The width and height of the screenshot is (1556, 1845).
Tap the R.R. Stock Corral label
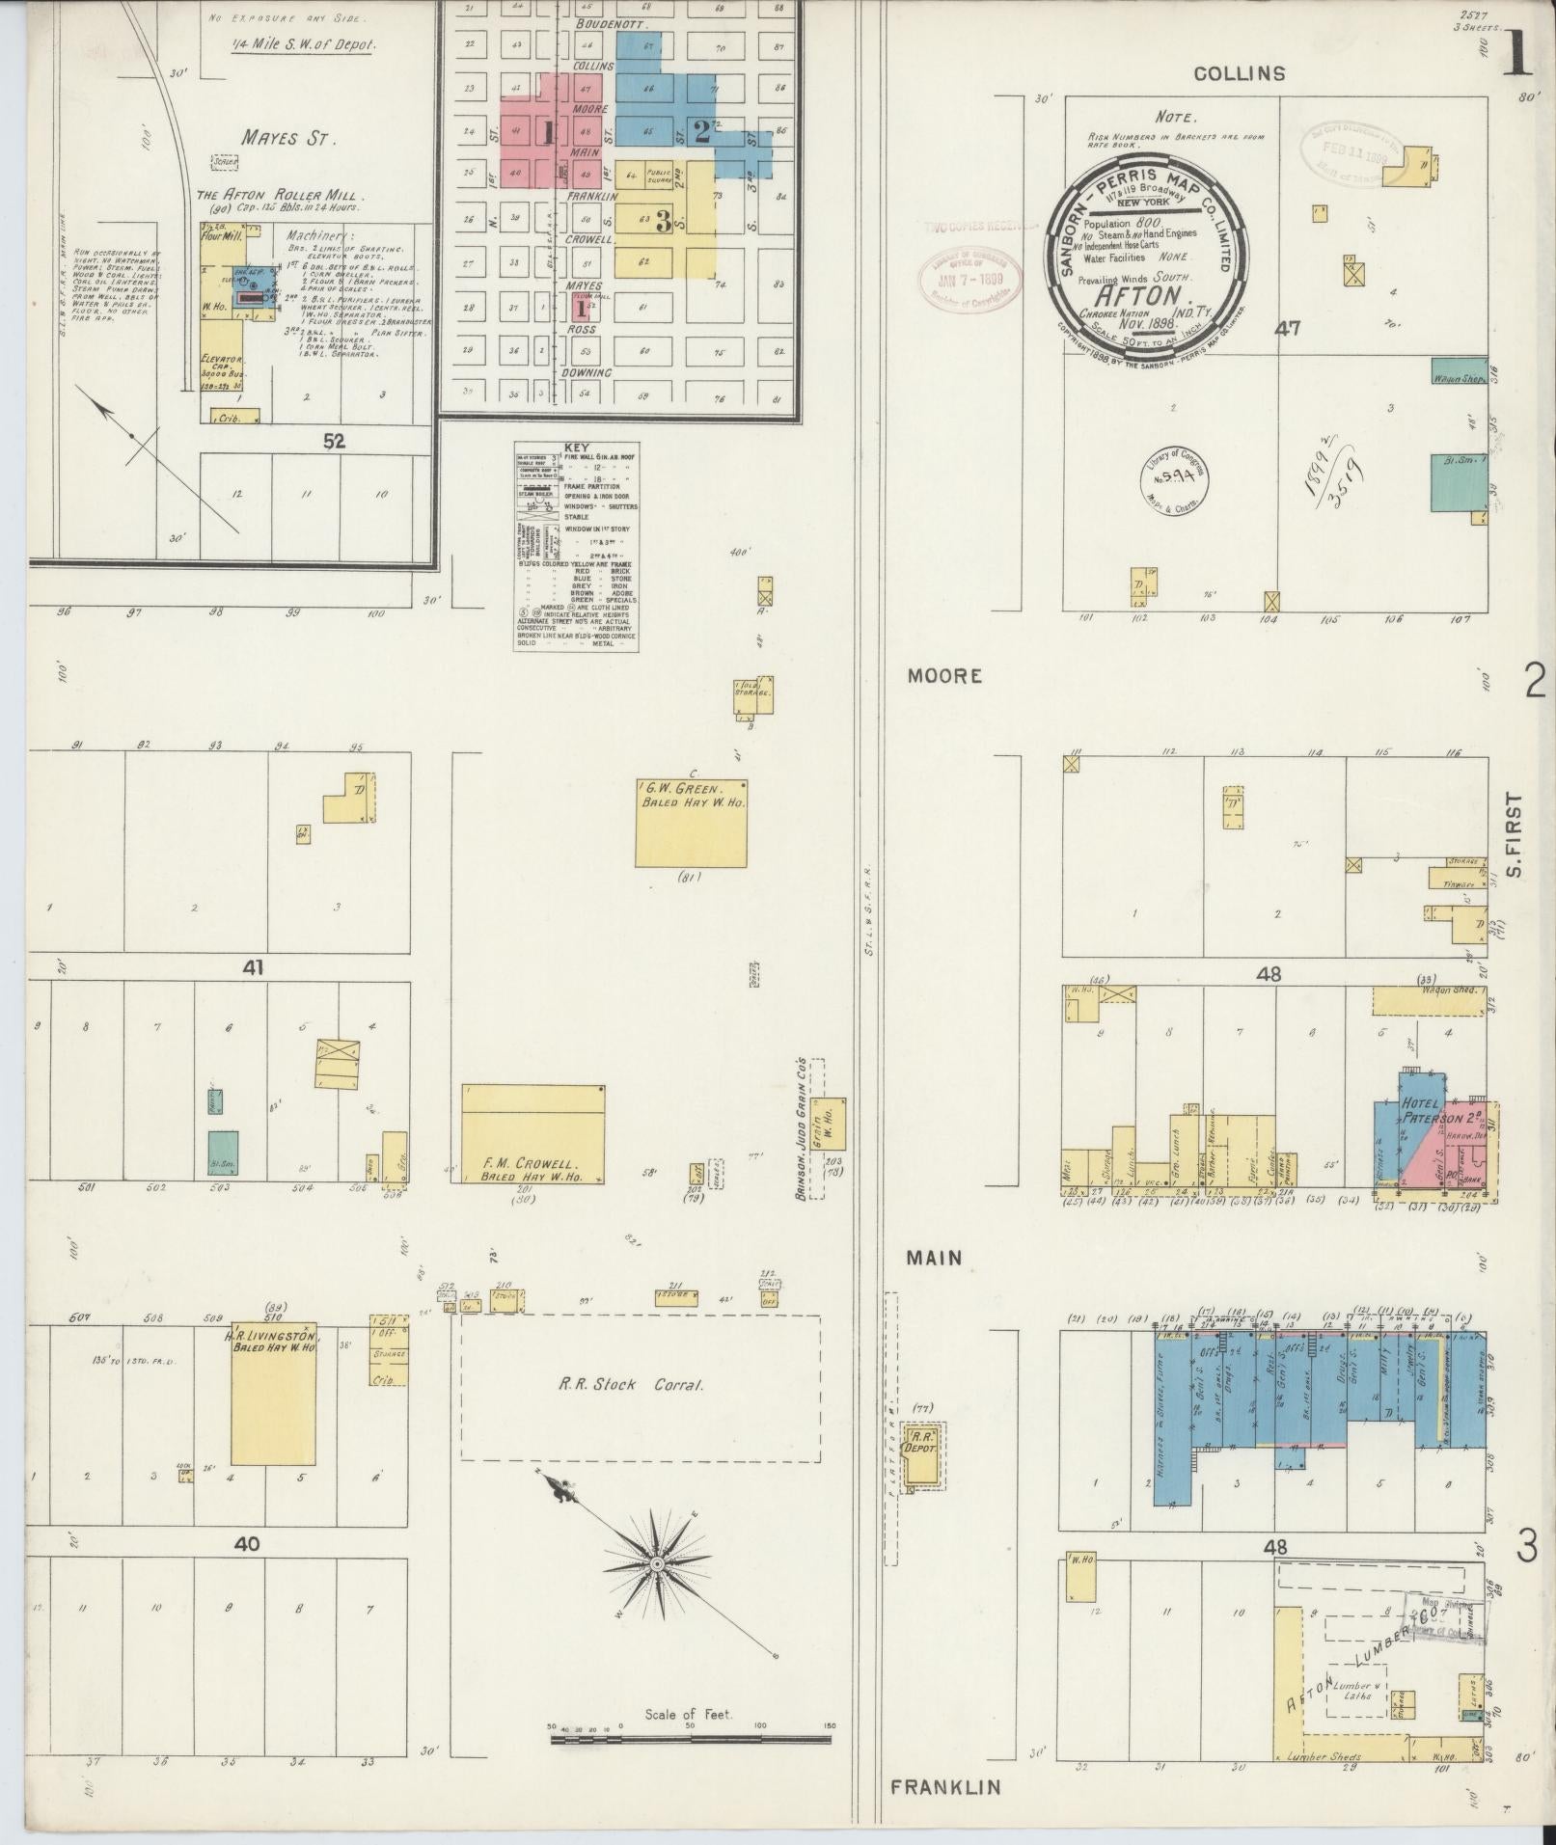[x=633, y=1385]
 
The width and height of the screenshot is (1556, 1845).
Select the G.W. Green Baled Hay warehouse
[x=690, y=823]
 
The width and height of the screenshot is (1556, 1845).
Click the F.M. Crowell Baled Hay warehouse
[x=532, y=1135]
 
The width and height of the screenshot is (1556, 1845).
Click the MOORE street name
[x=944, y=676]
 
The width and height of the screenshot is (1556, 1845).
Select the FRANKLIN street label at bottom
[x=945, y=1787]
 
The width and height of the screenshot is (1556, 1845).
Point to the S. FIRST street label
[x=1513, y=834]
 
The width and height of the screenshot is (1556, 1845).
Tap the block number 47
[x=1287, y=329]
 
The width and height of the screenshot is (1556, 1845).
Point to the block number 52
[x=334, y=442]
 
